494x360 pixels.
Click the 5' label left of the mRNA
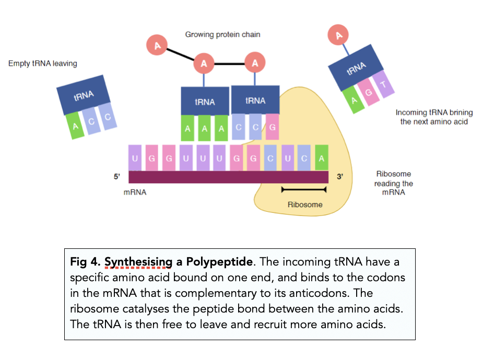[x=117, y=177]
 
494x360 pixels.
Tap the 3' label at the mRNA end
[x=340, y=177]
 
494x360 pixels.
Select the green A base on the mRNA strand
[x=322, y=158]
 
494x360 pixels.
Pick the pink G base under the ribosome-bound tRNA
[x=272, y=127]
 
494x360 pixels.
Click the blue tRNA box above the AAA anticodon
[x=205, y=101]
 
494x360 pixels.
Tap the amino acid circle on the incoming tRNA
[x=339, y=35]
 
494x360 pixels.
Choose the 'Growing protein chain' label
[x=222, y=34]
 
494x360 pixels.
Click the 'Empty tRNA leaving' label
[x=43, y=64]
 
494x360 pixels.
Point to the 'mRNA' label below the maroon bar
[x=135, y=192]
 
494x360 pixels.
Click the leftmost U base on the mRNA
[x=135, y=158]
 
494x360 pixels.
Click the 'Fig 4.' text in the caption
[x=86, y=261]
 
